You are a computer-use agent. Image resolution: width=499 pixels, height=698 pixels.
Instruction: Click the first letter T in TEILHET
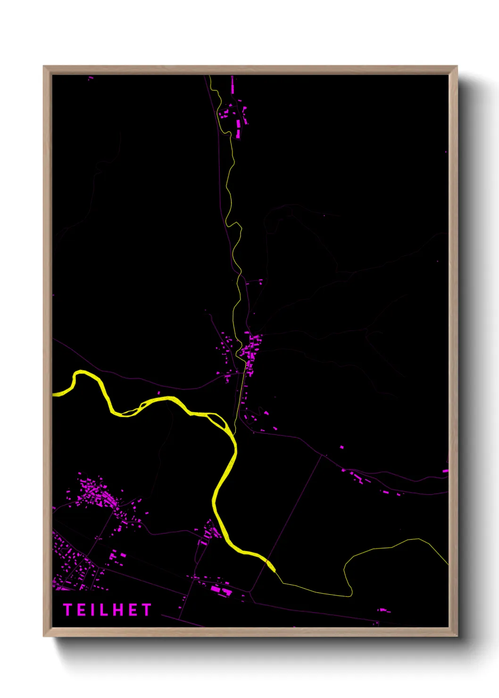tap(67, 610)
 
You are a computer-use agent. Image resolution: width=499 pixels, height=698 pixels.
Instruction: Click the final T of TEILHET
tap(147, 610)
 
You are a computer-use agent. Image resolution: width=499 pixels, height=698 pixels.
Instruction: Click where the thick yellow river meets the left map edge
tap(53, 393)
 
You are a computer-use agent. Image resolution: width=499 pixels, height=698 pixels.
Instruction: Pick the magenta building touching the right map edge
tap(445, 471)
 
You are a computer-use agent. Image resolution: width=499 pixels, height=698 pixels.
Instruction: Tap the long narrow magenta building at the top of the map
tap(232, 85)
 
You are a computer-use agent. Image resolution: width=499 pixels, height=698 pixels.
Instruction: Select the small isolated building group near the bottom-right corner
tap(383, 610)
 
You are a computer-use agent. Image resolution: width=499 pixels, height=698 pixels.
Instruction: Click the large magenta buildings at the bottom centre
tap(220, 589)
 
